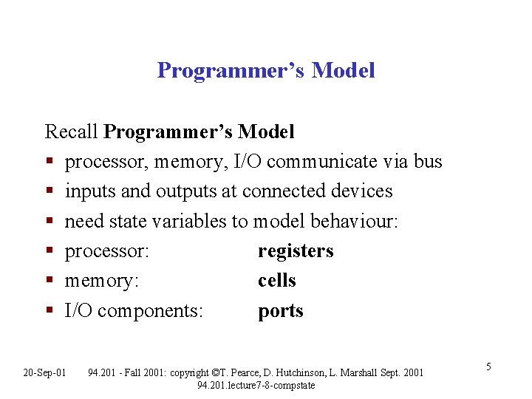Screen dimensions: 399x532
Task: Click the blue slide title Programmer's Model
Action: point(266,70)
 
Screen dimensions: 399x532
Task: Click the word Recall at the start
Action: point(72,132)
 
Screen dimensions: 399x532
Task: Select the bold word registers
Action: point(296,251)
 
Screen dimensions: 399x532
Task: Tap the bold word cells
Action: point(277,281)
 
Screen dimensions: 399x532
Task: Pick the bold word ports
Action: point(281,311)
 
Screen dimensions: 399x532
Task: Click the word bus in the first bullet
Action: point(428,162)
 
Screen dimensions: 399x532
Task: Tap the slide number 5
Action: point(488,366)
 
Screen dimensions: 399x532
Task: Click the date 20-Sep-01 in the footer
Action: point(45,372)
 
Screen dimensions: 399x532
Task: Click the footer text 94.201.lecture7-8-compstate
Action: point(256,385)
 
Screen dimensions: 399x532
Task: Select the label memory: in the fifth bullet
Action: point(102,282)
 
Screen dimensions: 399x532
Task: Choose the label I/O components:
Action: point(134,311)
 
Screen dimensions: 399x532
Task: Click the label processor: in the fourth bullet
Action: point(108,251)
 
